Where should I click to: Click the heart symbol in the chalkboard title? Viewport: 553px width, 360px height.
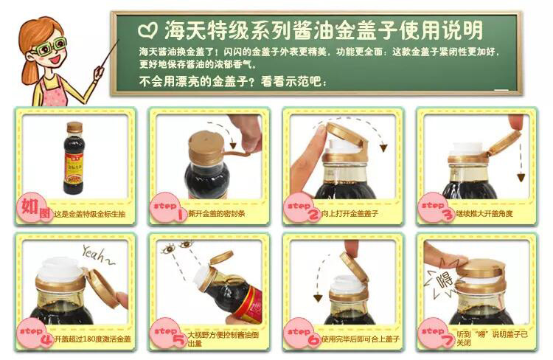coord(147,30)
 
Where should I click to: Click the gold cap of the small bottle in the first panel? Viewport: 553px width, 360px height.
coord(74,127)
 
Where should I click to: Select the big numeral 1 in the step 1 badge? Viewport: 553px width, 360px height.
coord(181,214)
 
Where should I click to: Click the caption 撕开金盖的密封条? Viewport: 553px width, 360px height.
coord(217,213)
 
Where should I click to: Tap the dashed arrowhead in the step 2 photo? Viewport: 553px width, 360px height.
coord(383,148)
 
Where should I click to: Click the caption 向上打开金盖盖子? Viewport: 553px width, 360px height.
coord(349,213)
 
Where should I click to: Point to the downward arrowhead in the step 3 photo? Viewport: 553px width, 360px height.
coord(521,177)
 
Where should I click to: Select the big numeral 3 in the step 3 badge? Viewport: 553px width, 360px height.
coord(448,214)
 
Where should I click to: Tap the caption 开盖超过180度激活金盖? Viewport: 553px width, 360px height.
coord(92,339)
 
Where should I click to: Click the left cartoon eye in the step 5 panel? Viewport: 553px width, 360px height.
coord(169,249)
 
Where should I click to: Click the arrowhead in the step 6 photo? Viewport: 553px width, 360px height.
coord(318,298)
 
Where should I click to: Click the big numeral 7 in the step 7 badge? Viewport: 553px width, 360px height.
coord(448,339)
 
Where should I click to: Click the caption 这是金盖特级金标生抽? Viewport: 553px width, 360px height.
coord(89,214)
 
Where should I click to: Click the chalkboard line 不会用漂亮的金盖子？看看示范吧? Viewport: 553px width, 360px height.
coord(233,82)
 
